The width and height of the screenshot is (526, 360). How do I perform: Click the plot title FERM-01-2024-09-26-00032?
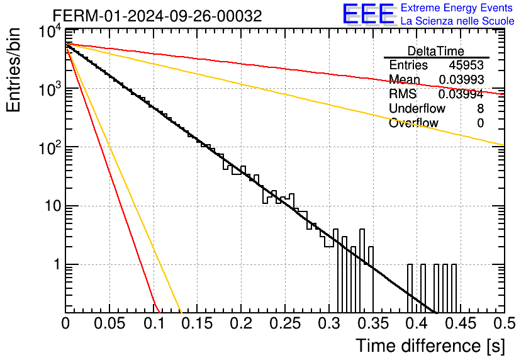157,16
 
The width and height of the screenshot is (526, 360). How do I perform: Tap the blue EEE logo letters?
368,14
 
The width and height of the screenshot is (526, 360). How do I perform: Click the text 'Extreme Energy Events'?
457,8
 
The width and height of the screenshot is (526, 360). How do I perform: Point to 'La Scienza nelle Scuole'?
457,21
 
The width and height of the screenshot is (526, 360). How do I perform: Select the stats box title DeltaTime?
436,51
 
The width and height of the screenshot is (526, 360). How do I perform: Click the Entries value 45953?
466,65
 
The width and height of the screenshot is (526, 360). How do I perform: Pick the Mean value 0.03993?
461,79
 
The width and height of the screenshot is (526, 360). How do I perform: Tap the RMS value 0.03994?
461,94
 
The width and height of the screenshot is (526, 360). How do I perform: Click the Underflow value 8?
480,108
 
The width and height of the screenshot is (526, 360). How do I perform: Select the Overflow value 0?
480,123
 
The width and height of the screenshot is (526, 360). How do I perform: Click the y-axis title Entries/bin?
13,70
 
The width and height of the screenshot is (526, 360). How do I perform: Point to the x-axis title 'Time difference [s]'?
430,346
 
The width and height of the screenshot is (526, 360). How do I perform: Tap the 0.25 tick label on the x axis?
285,323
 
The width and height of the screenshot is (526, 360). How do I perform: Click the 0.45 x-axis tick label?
461,323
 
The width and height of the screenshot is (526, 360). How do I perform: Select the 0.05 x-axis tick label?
109,323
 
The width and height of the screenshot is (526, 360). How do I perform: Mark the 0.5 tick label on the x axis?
505,323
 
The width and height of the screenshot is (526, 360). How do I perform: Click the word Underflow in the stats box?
417,108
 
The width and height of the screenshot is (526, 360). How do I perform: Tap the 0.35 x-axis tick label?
373,323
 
